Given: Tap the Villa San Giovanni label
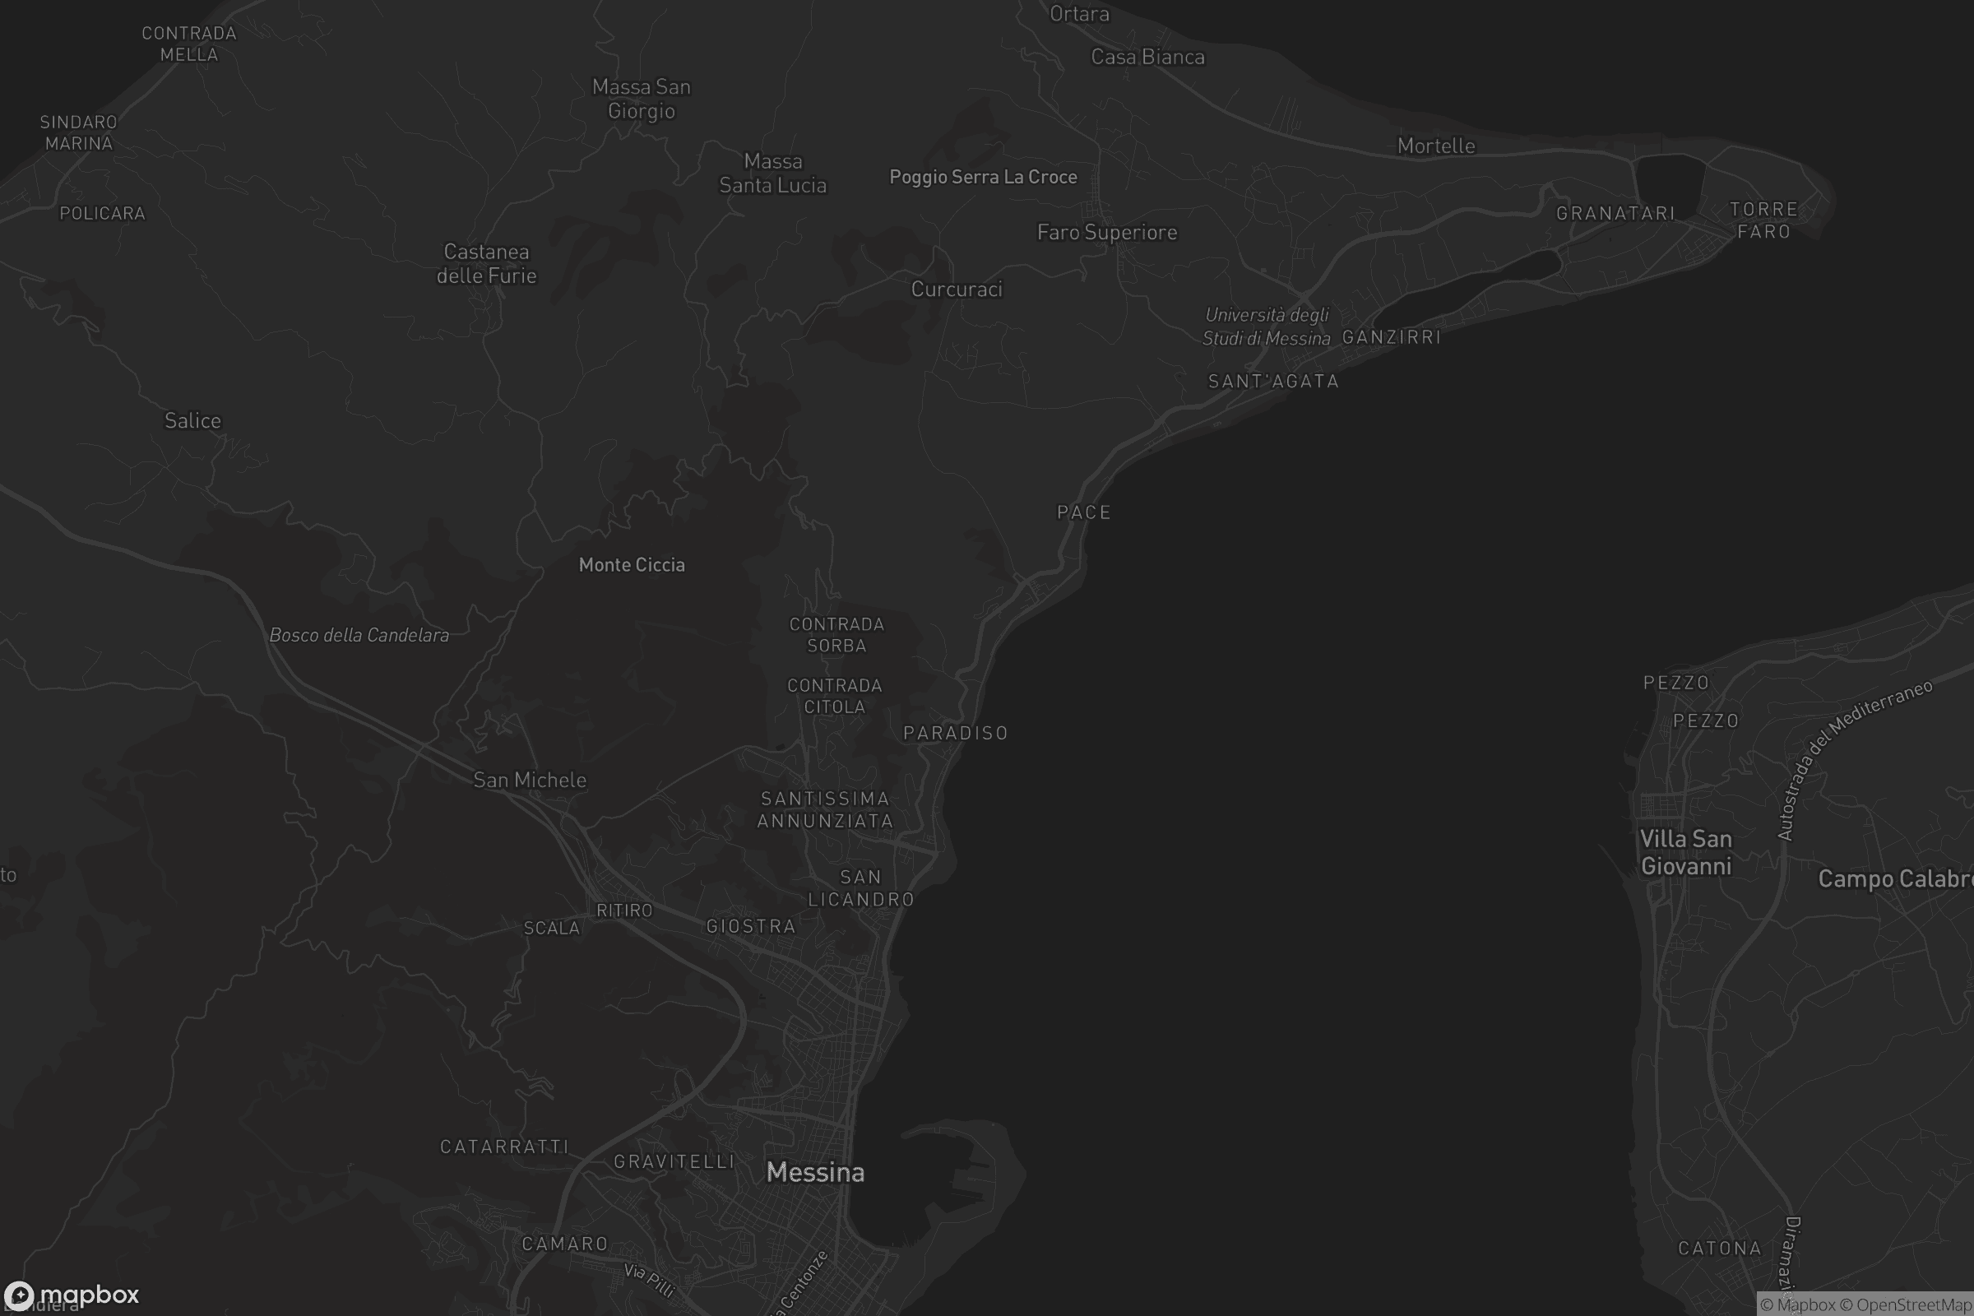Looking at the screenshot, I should pyautogui.click(x=1685, y=852).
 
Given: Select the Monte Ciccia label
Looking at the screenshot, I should pyautogui.click(x=631, y=565).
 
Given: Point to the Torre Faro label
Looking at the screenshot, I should pyautogui.click(x=1763, y=220).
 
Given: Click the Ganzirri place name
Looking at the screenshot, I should pyautogui.click(x=1391, y=337).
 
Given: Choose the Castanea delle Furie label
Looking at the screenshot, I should pyautogui.click(x=486, y=263).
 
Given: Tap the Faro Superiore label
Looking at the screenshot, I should pyautogui.click(x=1106, y=233).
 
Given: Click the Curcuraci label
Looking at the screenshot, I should pyautogui.click(x=956, y=290).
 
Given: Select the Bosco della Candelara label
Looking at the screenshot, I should pyautogui.click(x=359, y=635).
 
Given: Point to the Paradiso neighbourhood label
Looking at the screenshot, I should pyautogui.click(x=955, y=734).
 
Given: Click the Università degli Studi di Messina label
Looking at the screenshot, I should pyautogui.click(x=1267, y=327).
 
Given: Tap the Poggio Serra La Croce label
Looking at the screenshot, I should pyautogui.click(x=983, y=177).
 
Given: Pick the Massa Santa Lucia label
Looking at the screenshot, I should pyautogui.click(x=772, y=173).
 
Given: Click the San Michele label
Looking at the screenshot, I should pyautogui.click(x=529, y=781).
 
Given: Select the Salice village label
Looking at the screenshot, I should pyautogui.click(x=192, y=420).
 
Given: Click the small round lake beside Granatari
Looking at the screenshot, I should pyautogui.click(x=1669, y=183).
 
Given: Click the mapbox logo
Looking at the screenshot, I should pyautogui.click(x=71, y=1294).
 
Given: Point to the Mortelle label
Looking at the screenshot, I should pyautogui.click(x=1435, y=146).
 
